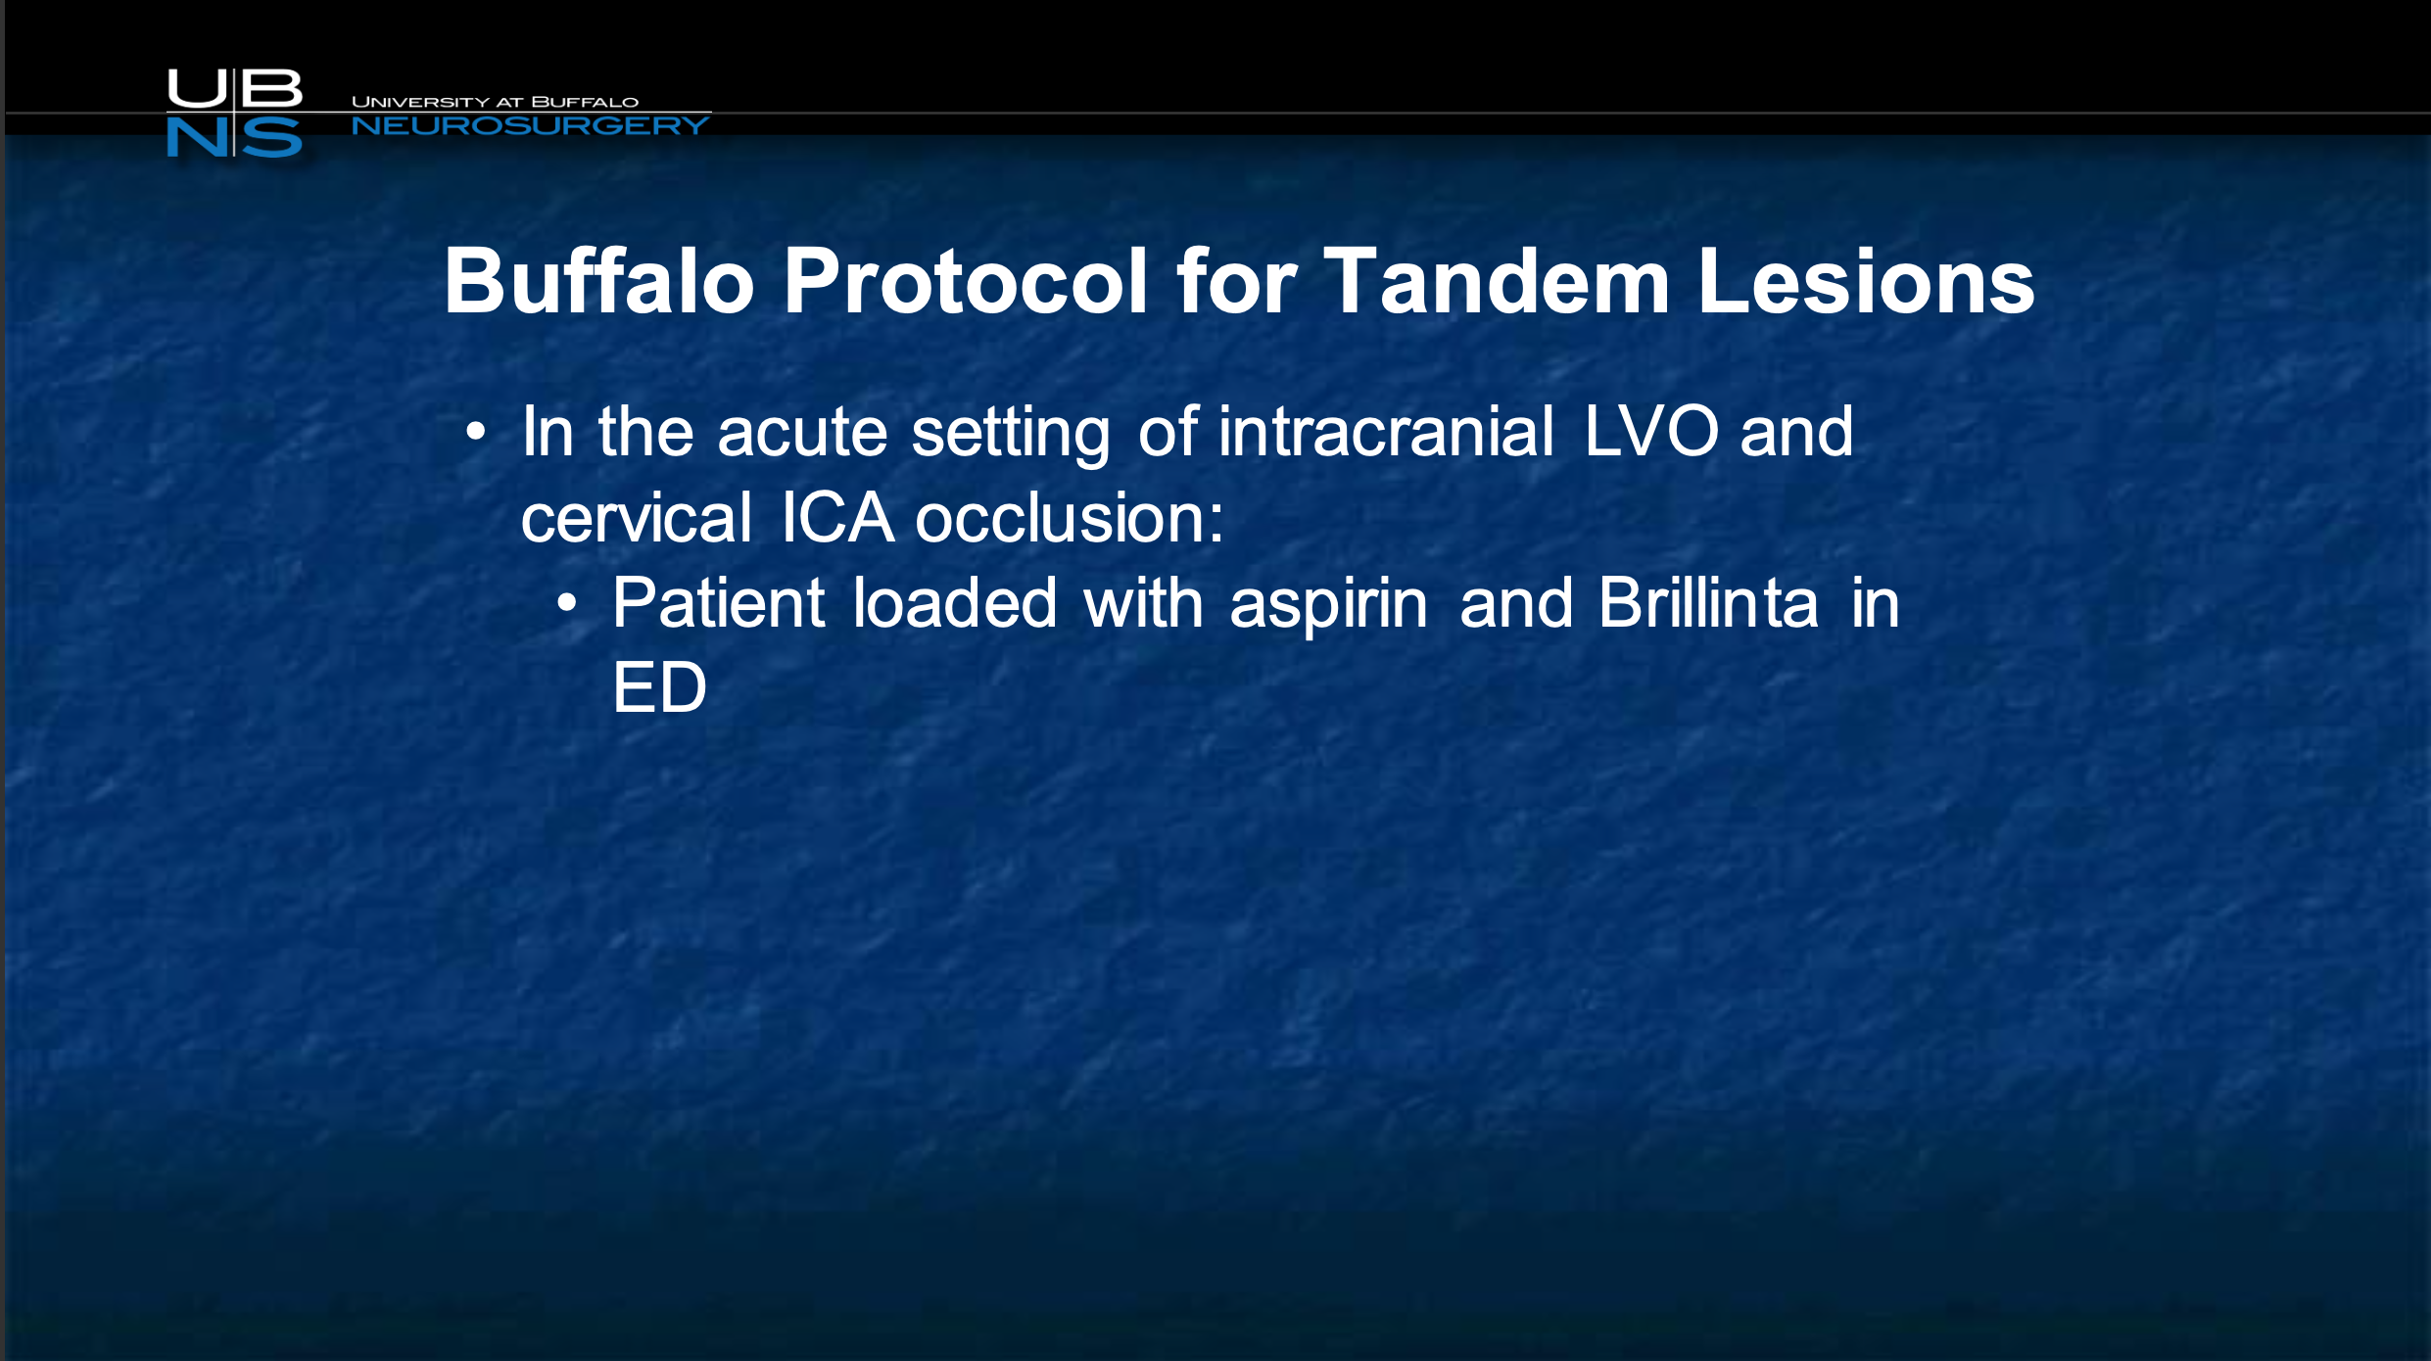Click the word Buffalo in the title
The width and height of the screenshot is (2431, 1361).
[598, 281]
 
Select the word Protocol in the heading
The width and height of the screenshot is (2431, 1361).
[965, 281]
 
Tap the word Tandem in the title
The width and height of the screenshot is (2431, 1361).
[1497, 281]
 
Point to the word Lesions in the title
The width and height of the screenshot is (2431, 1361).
[1866, 281]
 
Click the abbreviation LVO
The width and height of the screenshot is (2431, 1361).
[1650, 431]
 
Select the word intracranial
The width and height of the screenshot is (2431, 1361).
[1385, 431]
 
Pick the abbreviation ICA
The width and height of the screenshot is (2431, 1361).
[837, 517]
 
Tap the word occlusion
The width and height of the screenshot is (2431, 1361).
[1069, 517]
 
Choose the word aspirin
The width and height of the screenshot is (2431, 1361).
[1328, 604]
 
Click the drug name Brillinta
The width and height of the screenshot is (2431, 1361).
[1708, 602]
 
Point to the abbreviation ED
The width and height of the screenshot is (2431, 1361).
[659, 687]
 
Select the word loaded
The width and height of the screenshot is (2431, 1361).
[955, 602]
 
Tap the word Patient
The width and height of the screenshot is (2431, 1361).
[719, 602]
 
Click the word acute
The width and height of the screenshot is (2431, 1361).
[802, 433]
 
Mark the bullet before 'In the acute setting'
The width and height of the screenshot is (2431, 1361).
[476, 431]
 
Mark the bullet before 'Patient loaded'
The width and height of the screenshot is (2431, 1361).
[567, 603]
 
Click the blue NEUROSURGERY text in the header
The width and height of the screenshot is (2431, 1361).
[530, 125]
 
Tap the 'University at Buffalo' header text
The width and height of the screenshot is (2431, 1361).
[495, 102]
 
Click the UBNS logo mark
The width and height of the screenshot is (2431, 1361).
[234, 113]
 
